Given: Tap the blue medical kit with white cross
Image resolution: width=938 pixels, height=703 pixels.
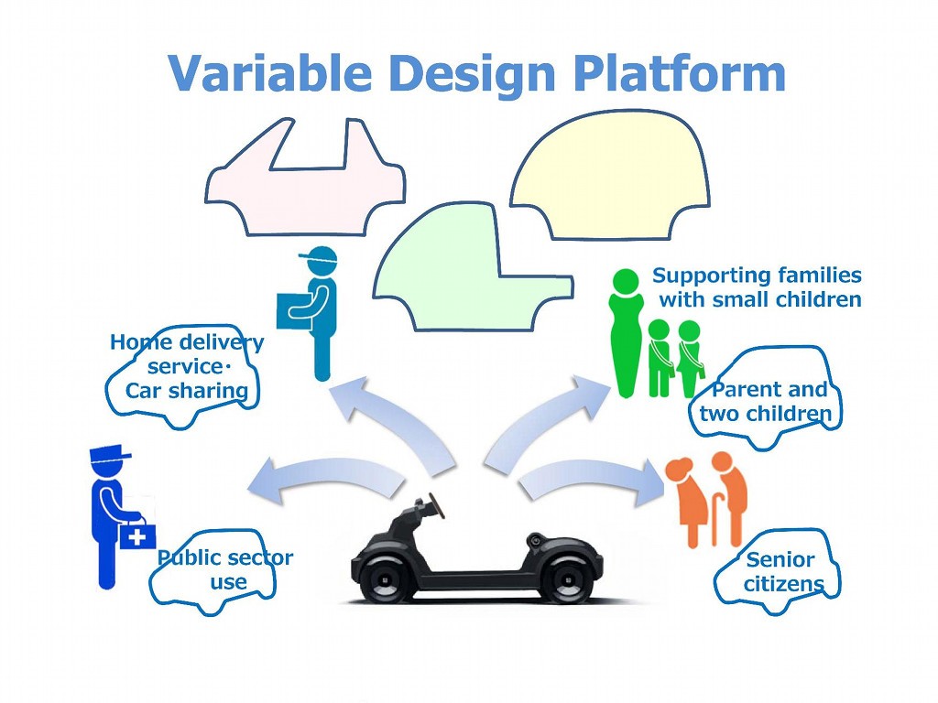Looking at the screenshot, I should pos(137,535).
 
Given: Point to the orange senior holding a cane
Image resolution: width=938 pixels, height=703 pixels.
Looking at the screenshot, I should pos(728,499).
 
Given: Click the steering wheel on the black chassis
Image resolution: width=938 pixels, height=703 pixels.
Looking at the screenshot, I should pos(426,503).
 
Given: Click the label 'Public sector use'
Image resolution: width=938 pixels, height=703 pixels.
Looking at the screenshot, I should pos(225,569).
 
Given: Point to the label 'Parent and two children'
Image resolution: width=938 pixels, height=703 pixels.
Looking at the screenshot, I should pos(766,401).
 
